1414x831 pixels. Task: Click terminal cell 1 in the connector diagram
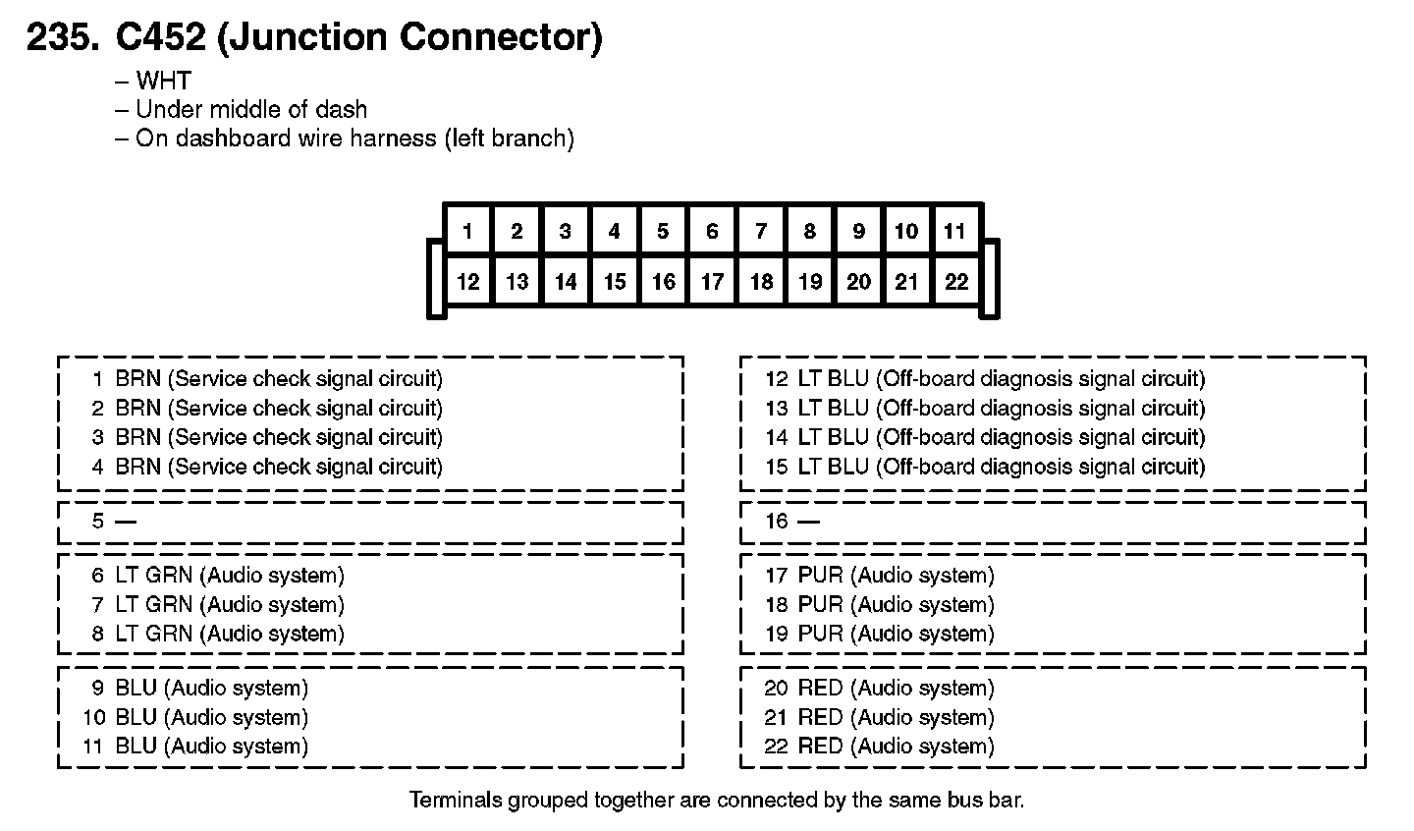tap(467, 231)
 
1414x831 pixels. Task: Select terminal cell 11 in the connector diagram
tap(955, 231)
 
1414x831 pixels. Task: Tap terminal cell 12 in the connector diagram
tap(467, 281)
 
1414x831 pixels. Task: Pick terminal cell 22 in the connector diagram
tap(955, 281)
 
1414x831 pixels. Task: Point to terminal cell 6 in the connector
tap(712, 231)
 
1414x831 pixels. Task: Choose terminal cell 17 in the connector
tap(712, 281)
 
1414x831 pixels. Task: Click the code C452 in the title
tap(160, 36)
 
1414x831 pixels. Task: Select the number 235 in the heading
tap(63, 36)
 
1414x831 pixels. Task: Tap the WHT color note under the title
tap(163, 81)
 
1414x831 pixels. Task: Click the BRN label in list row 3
tap(138, 437)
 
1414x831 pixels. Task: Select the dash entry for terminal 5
tap(126, 522)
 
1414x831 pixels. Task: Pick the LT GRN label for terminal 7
tap(153, 604)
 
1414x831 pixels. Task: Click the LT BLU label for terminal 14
tap(834, 437)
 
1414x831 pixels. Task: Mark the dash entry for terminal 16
tap(809, 522)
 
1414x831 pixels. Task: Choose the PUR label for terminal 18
tap(821, 604)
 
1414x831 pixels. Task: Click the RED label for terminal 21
tap(821, 717)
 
